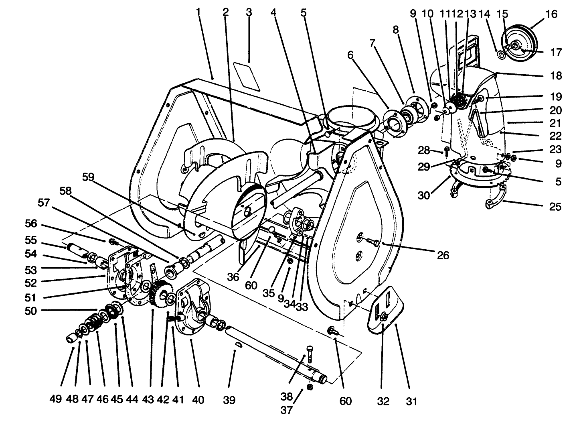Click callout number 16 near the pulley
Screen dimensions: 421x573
551,14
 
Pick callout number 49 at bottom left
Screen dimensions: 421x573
56,400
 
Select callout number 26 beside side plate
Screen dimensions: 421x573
443,255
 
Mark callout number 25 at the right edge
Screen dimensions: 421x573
555,207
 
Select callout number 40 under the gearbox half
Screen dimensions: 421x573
198,400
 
